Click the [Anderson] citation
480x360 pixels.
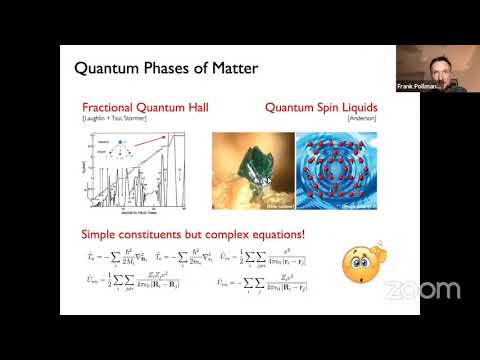pyautogui.click(x=354, y=118)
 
